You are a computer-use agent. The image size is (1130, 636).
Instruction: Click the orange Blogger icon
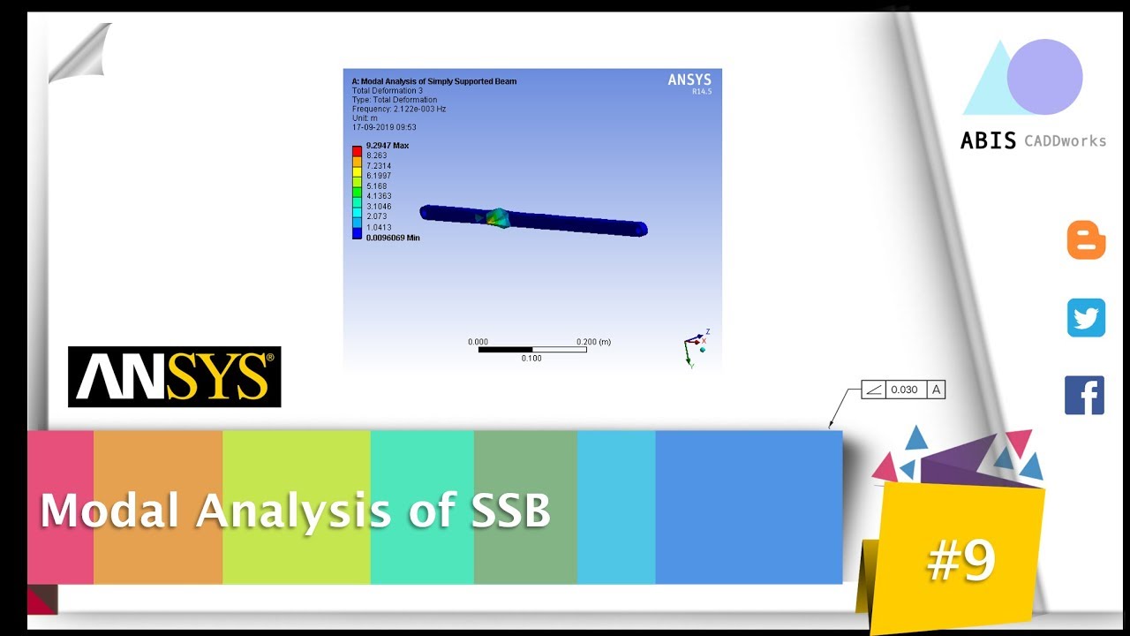1086,240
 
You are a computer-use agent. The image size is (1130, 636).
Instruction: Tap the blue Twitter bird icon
1086,318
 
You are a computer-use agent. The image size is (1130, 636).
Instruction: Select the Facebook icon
1085,395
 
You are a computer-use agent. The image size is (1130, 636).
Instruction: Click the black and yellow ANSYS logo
174,376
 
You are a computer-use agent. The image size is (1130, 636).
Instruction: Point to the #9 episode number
961,559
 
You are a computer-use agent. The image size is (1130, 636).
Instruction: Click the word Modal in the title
111,511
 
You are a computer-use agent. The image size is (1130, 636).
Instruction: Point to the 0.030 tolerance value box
904,390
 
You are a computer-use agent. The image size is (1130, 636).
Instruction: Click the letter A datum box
935,390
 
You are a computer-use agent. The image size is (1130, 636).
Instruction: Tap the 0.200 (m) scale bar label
593,342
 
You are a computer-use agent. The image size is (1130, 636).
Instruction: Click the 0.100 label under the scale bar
531,359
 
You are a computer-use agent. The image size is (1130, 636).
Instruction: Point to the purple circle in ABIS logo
1044,77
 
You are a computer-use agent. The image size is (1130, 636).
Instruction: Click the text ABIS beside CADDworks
988,140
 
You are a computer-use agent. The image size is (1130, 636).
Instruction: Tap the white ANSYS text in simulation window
689,80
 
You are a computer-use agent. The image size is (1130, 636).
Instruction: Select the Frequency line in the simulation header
398,109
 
